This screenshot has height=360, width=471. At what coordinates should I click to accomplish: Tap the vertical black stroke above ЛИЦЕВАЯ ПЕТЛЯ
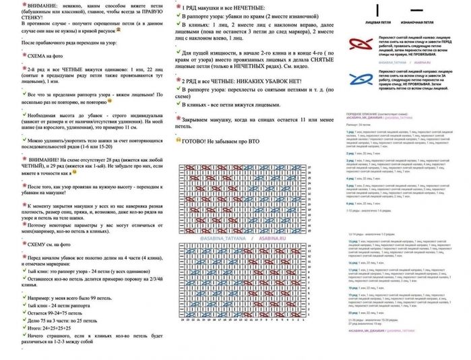(x=378, y=9)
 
